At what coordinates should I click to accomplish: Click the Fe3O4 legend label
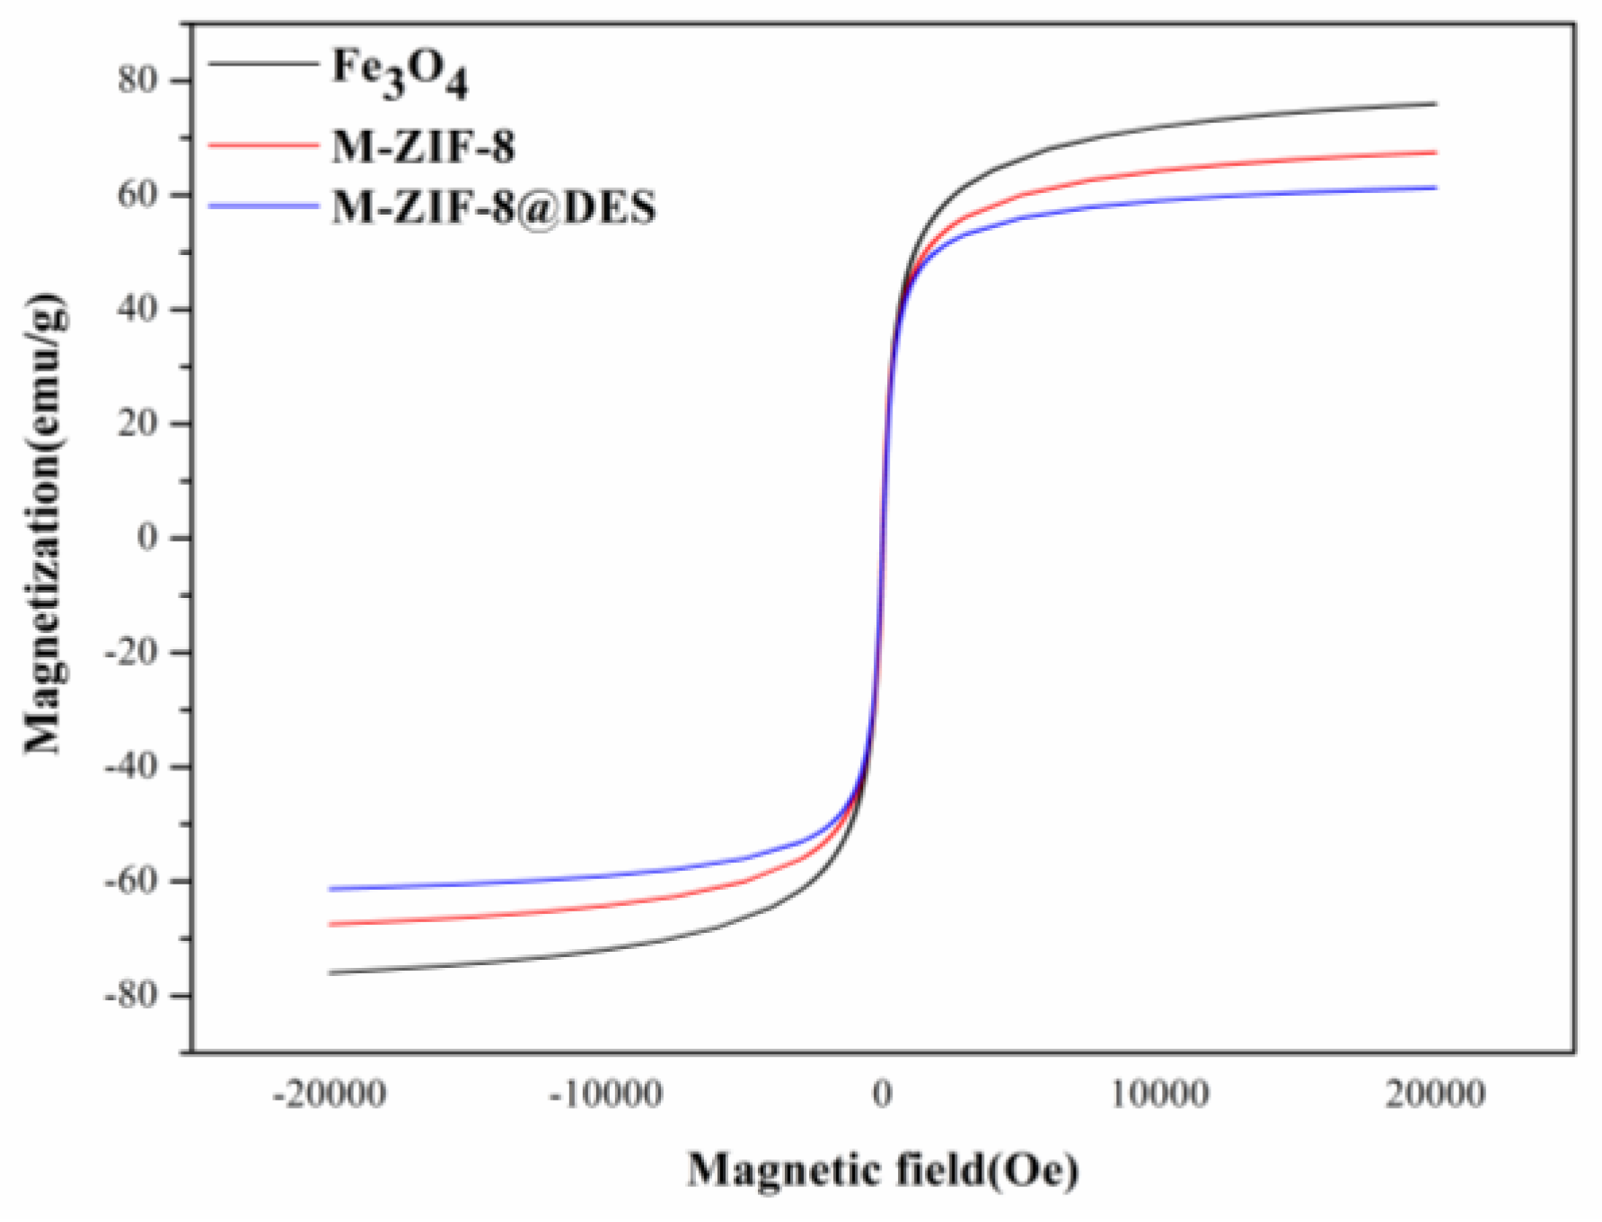coord(400,72)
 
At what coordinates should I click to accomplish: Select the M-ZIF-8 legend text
coord(423,145)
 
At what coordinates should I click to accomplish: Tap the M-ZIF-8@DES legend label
coord(494,207)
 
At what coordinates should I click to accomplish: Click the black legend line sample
coord(263,64)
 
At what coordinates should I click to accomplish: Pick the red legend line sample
coord(263,144)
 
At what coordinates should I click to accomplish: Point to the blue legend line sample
coord(263,206)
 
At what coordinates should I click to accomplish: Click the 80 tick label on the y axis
coord(136,80)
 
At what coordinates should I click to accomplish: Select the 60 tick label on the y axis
coord(136,194)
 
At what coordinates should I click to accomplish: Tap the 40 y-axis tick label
coord(136,309)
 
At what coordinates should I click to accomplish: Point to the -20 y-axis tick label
coord(131,652)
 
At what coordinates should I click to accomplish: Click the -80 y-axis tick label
coord(131,995)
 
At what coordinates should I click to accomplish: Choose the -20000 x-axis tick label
coord(330,1095)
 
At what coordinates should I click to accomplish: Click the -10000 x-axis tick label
coord(606,1095)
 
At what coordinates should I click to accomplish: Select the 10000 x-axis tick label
coord(1159,1095)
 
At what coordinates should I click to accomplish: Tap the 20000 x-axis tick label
coord(1435,1095)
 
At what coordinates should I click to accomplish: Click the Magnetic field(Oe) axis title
coord(884,1170)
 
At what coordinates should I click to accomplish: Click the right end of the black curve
coord(1436,104)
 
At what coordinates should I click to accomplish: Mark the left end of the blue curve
coord(330,889)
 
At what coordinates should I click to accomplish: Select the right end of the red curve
coord(1436,153)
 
